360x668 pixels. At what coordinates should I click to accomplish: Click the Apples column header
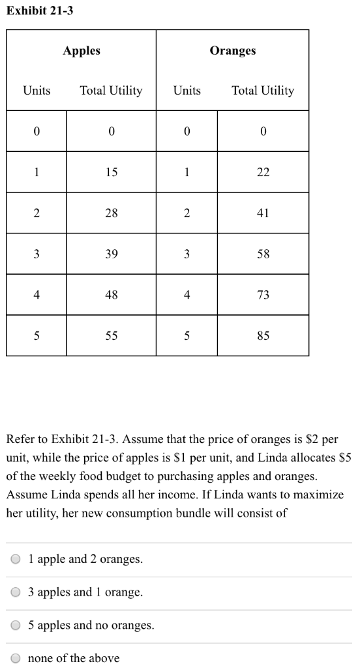click(82, 51)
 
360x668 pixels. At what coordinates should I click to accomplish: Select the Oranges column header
click(233, 51)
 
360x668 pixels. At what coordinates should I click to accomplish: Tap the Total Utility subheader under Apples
click(111, 91)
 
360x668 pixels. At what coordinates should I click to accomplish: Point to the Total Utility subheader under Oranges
click(263, 91)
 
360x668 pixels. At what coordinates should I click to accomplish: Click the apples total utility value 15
click(112, 172)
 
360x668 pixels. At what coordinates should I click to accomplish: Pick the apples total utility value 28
click(112, 213)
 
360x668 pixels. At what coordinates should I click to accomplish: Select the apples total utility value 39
click(112, 254)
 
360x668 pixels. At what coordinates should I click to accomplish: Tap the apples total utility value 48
click(112, 295)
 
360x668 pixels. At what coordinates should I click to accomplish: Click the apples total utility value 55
click(112, 336)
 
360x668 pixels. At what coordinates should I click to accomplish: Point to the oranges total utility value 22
click(263, 172)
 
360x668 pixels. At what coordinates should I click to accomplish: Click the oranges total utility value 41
click(263, 213)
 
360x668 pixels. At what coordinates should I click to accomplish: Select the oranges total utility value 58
click(263, 254)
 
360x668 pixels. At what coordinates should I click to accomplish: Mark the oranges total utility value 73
click(263, 295)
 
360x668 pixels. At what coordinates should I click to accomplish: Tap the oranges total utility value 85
click(263, 336)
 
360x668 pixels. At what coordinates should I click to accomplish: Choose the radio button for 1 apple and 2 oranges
click(16, 560)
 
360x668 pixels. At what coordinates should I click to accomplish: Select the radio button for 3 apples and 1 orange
click(16, 592)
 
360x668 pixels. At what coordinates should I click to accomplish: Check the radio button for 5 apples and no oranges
click(16, 626)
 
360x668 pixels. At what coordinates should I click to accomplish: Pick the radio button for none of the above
click(16, 658)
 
